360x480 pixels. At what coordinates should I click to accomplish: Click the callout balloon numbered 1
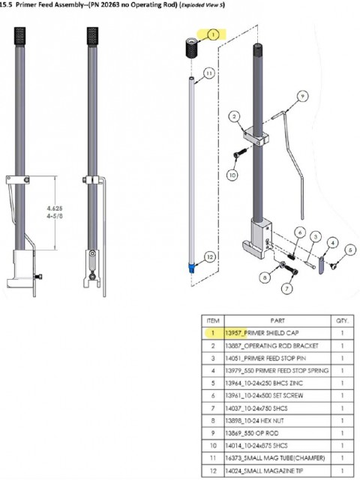[213, 34]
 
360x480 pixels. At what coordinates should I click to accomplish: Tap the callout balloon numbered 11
[208, 73]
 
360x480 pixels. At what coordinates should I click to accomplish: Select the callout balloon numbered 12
[210, 256]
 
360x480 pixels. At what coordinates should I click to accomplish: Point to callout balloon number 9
[302, 97]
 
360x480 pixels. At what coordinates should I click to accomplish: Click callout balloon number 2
[235, 116]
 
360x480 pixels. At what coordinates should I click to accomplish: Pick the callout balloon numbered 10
[232, 175]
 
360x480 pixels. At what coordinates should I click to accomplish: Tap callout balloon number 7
[286, 288]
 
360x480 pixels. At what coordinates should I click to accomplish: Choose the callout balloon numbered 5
[350, 250]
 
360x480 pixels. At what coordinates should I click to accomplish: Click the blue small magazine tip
[192, 268]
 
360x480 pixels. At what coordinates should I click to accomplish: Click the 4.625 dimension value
[55, 208]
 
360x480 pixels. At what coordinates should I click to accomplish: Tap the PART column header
[277, 321]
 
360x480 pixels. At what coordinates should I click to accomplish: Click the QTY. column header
[343, 321]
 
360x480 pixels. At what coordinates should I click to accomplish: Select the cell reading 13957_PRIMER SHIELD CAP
[262, 333]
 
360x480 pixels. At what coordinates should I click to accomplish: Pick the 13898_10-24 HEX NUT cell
[255, 421]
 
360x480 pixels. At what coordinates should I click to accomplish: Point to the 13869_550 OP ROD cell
[252, 433]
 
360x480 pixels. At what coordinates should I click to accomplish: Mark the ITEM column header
[213, 321]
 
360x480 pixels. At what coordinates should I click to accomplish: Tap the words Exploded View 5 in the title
[202, 5]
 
